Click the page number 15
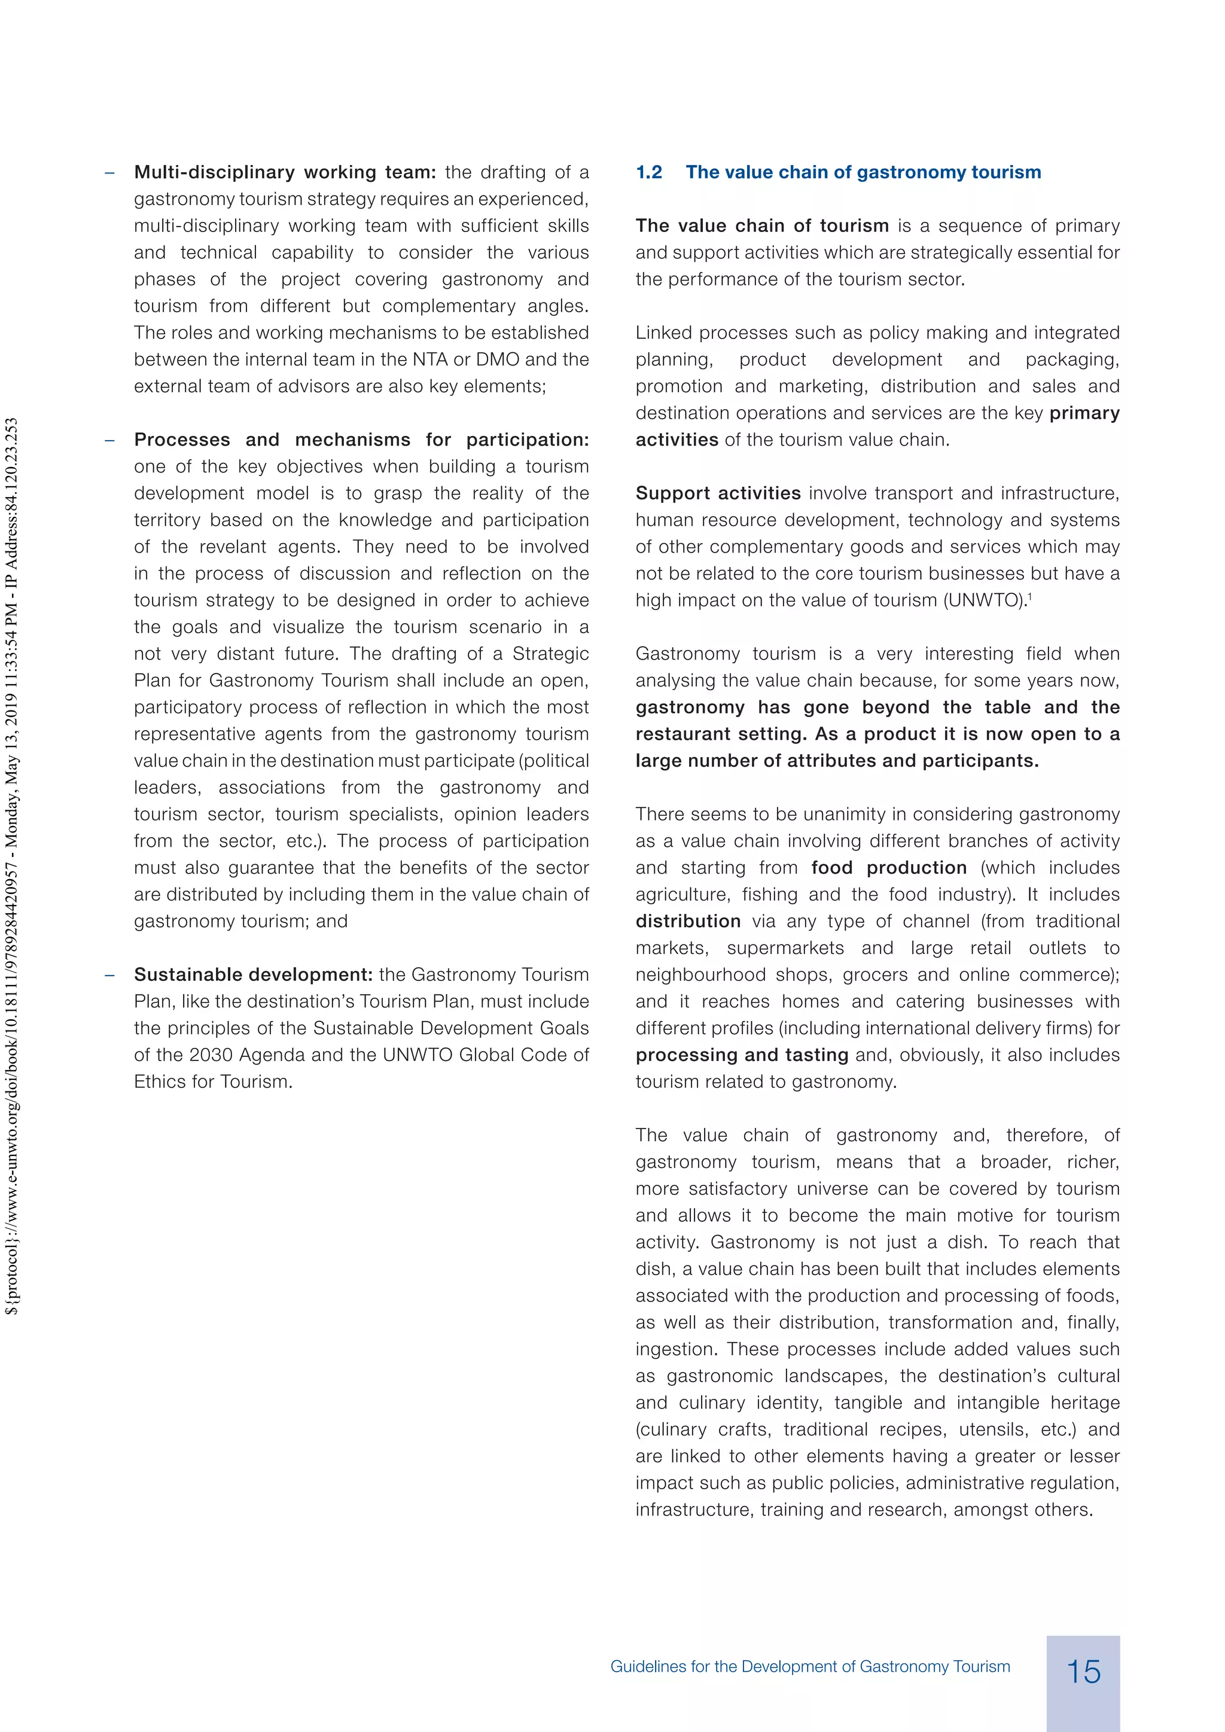[x=1083, y=1671]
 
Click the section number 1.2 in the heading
[x=649, y=172]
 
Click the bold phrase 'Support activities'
[x=717, y=493]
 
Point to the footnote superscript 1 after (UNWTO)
[x=1029, y=596]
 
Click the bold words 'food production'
[x=889, y=868]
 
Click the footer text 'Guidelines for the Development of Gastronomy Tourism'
[x=810, y=1666]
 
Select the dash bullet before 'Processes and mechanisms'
[x=110, y=440]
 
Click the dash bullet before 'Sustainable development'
[x=110, y=975]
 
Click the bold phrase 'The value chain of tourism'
[x=762, y=225]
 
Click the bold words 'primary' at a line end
[x=1084, y=413]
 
